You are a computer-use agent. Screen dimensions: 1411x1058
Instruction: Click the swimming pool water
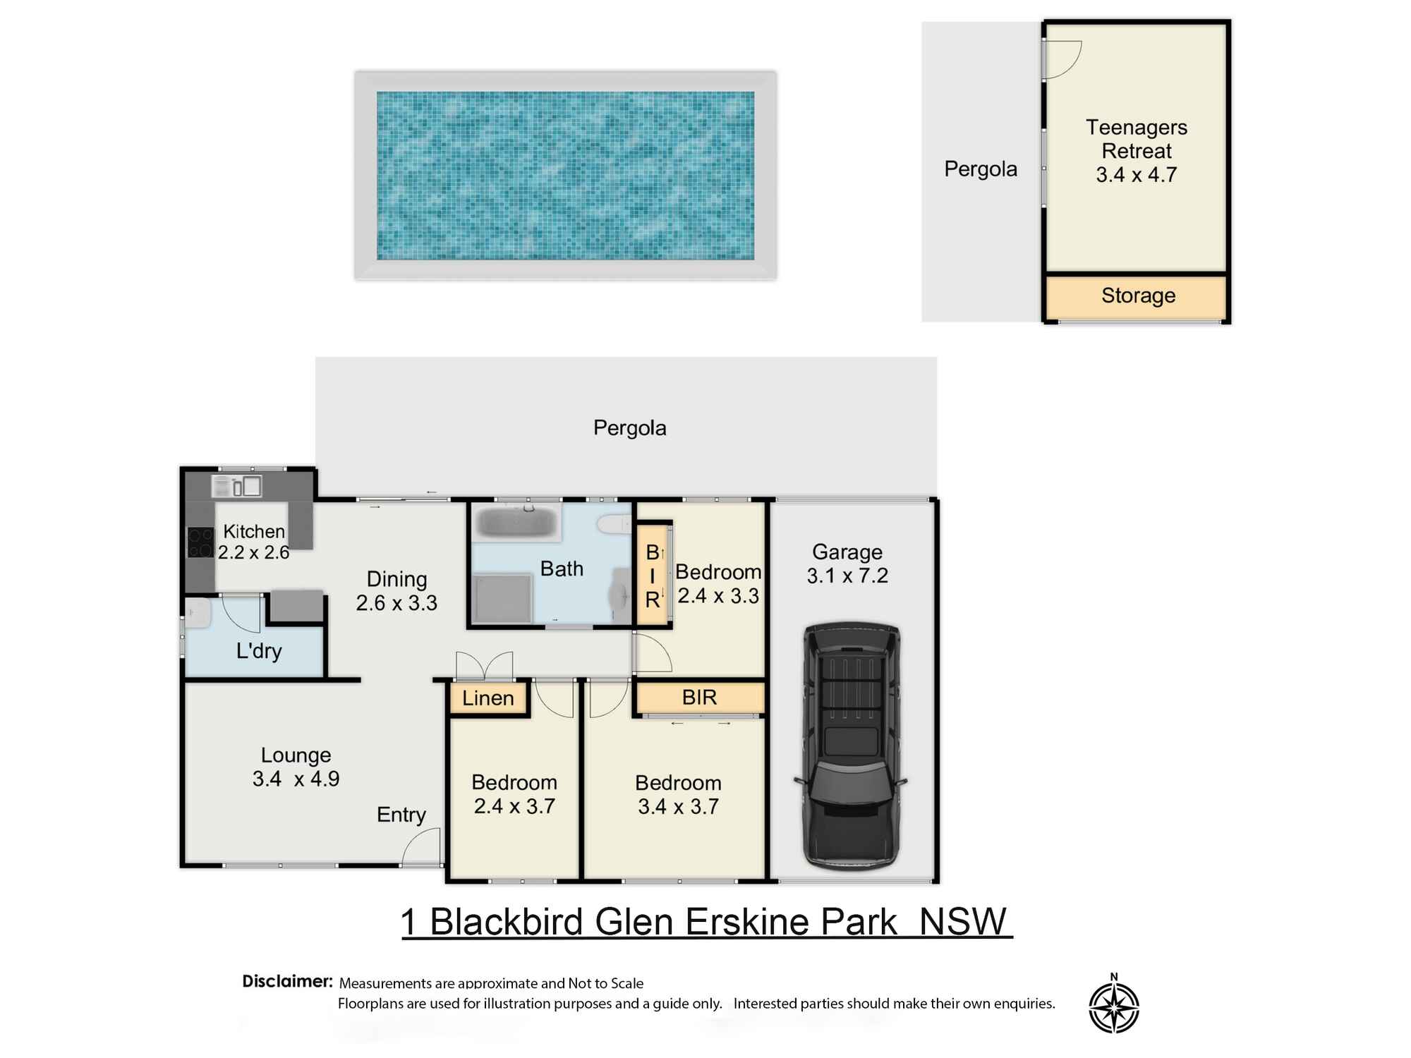click(565, 176)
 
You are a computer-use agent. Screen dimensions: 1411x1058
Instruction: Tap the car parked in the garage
click(851, 746)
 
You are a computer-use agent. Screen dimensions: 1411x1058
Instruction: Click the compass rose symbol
click(1114, 1004)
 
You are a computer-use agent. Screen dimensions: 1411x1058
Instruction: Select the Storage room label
click(1138, 296)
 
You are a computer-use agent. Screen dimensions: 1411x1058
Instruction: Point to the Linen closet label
click(488, 698)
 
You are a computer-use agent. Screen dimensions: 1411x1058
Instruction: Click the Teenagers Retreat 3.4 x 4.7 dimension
click(1137, 175)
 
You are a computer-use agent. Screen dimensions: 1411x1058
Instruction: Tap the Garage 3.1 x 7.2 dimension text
click(847, 576)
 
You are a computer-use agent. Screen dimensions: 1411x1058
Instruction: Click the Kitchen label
click(254, 531)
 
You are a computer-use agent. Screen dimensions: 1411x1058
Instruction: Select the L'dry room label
click(259, 650)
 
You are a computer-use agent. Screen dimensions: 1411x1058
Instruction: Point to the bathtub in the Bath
click(516, 523)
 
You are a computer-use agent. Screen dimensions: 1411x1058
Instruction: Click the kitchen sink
click(236, 486)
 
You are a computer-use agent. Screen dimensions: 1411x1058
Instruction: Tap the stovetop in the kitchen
click(200, 542)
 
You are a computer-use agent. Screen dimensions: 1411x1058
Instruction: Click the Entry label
click(401, 815)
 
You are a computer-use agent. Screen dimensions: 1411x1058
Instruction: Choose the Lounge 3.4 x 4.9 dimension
click(296, 779)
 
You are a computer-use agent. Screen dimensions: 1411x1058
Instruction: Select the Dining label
click(396, 579)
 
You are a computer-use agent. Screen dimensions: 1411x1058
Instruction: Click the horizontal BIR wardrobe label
click(699, 698)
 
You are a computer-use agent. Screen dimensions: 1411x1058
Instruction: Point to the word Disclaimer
click(287, 981)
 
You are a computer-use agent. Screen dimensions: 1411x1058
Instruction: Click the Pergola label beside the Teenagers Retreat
click(981, 169)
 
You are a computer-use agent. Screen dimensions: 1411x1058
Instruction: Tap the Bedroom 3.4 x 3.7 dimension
click(678, 806)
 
